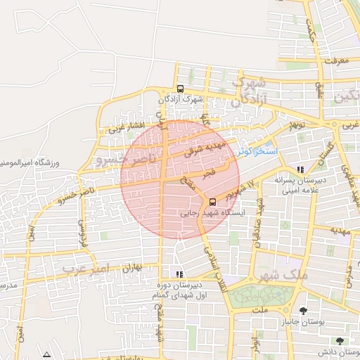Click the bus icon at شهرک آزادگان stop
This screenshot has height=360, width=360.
pyautogui.click(x=181, y=89)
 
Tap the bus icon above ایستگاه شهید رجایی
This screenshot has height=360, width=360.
pyautogui.click(x=213, y=202)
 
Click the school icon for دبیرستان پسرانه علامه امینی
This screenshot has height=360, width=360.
pyautogui.click(x=301, y=169)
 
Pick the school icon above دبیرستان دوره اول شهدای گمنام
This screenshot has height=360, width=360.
pyautogui.click(x=178, y=274)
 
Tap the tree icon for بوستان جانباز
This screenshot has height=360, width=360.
pyautogui.click(x=303, y=311)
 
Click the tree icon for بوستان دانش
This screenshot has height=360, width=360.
pyautogui.click(x=340, y=341)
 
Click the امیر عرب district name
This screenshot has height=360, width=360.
pyautogui.click(x=87, y=269)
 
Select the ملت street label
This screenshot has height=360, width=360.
pyautogui.click(x=259, y=309)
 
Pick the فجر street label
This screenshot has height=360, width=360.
pyautogui.click(x=209, y=172)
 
